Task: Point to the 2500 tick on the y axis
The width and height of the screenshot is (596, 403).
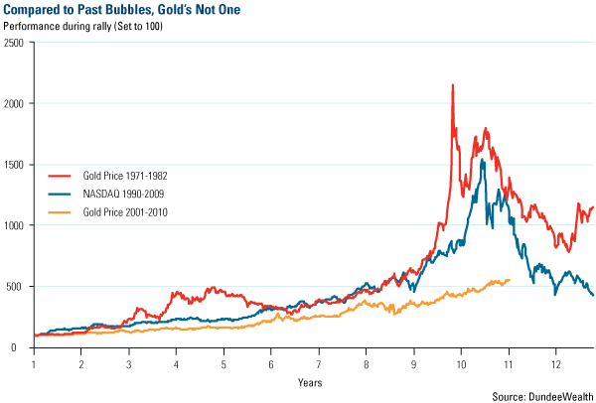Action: [14, 43]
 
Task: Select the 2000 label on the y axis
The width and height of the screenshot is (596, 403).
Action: [14, 103]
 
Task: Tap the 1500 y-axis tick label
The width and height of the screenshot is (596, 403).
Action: [14, 165]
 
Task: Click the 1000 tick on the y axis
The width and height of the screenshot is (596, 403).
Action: [14, 225]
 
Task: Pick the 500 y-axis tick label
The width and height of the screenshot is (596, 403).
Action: [17, 287]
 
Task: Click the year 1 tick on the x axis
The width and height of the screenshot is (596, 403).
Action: [35, 363]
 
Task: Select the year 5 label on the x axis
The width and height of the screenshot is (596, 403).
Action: [223, 363]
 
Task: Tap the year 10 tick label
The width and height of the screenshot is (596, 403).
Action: [461, 363]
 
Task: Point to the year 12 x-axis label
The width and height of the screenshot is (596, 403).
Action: [555, 363]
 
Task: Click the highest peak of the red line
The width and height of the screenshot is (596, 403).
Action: [453, 85]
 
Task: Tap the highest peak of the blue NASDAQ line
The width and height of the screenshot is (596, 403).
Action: [483, 159]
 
